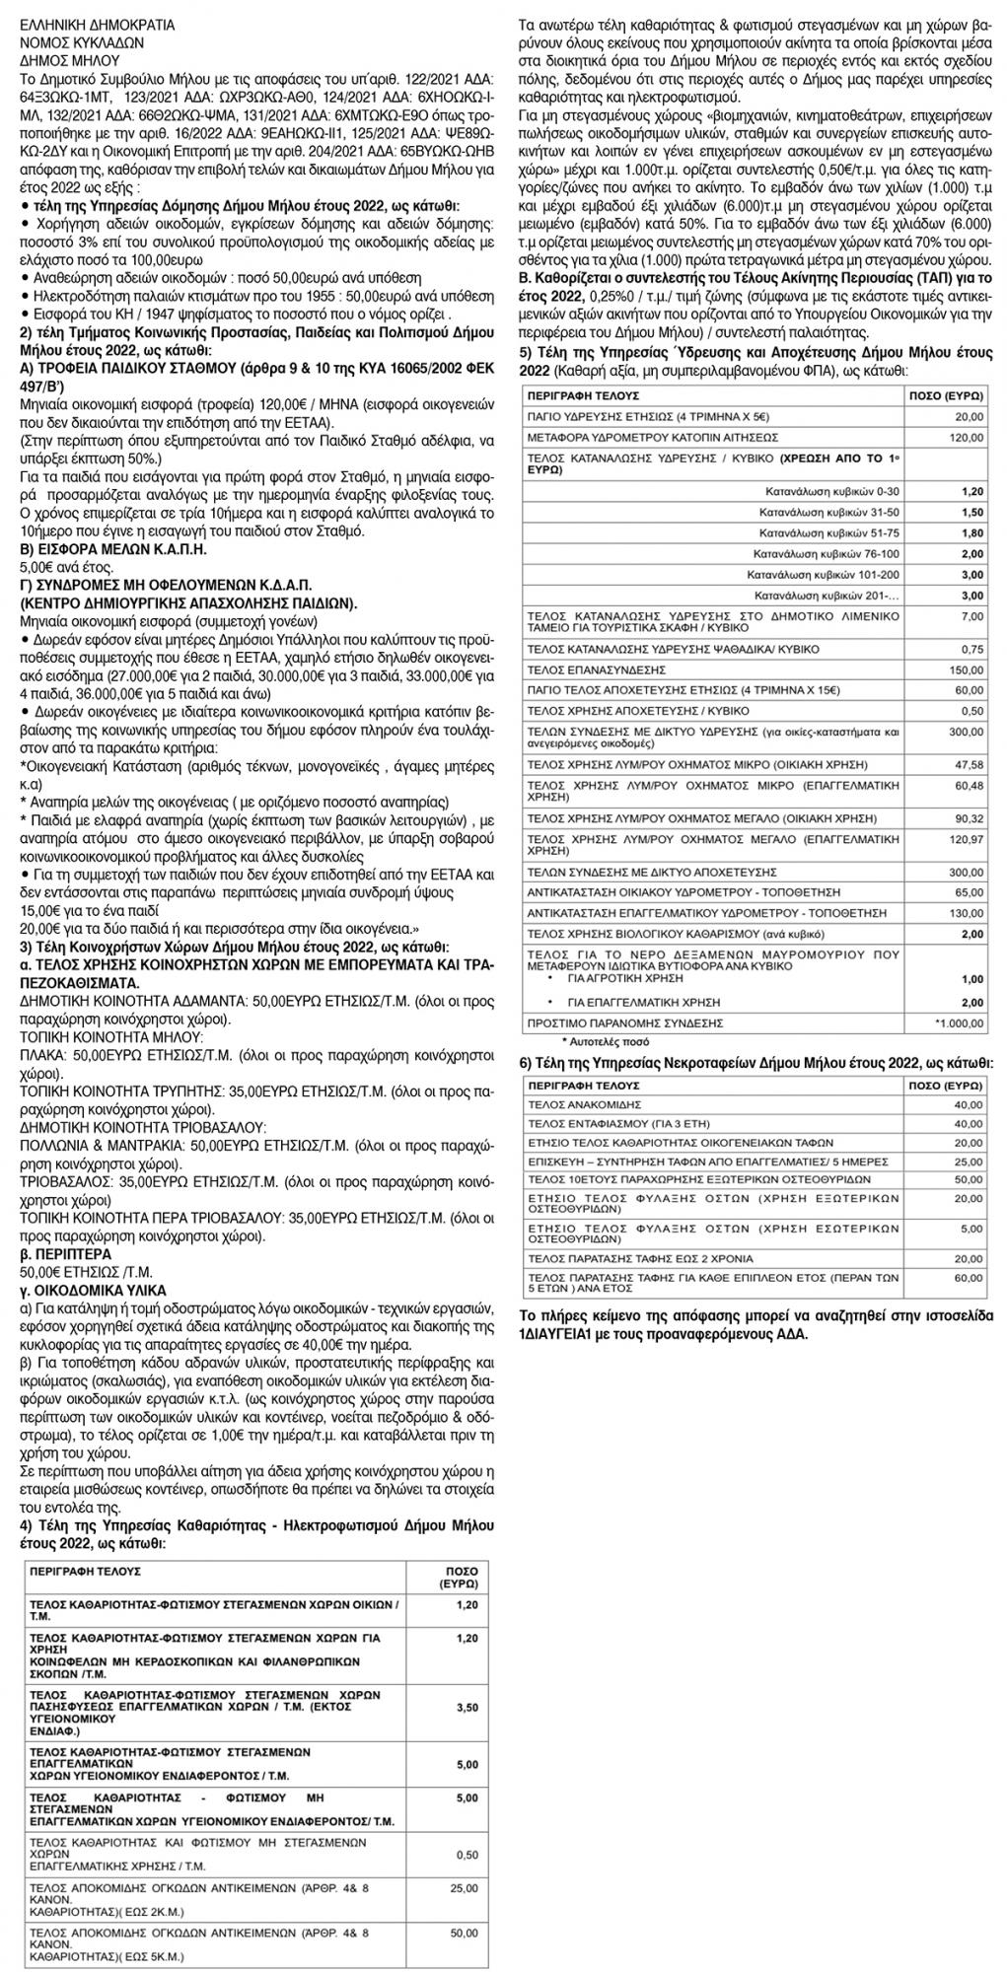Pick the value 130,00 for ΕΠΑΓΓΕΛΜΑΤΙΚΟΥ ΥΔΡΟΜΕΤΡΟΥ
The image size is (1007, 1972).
968,912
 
